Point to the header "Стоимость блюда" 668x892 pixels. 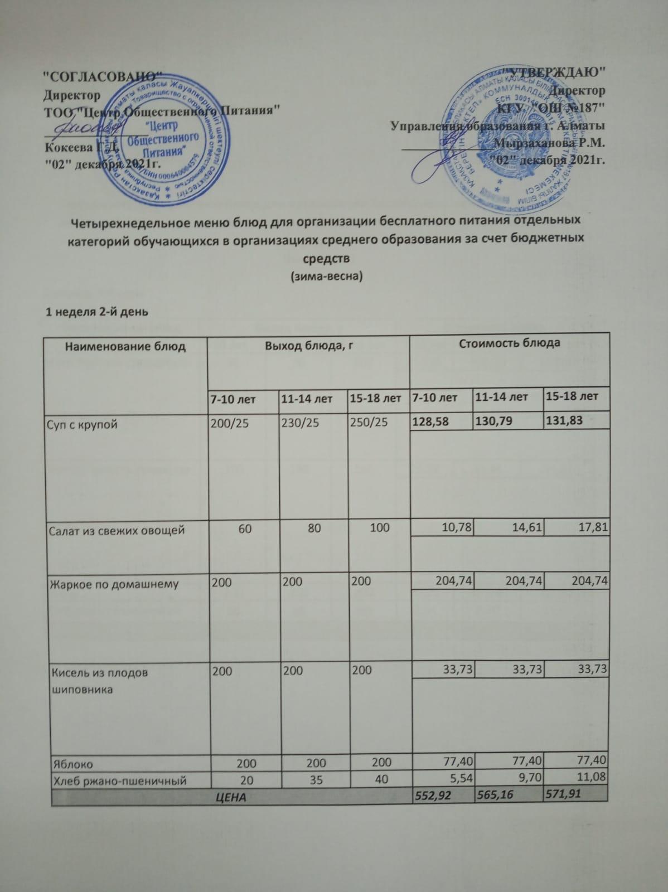509,343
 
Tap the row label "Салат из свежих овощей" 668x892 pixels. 117,530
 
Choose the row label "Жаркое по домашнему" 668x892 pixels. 114,584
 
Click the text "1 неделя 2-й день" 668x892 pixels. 97,313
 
